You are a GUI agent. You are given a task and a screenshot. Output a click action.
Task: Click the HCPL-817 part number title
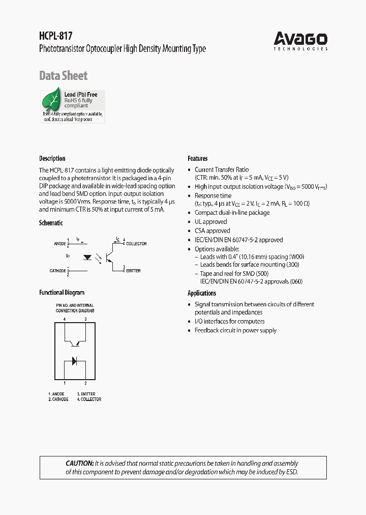[56, 36]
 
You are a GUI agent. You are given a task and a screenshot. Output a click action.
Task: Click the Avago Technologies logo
[300, 40]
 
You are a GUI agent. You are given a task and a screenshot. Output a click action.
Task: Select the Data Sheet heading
[64, 76]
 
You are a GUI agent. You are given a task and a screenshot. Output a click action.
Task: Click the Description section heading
[52, 158]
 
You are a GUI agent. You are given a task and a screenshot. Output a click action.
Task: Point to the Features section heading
[198, 158]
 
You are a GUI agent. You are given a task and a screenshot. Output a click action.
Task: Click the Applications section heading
[202, 293]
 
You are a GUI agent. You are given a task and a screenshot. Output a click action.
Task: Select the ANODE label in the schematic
[60, 244]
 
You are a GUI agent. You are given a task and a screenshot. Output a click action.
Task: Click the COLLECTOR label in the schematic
[136, 244]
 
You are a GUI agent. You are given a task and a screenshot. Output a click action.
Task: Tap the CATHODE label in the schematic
[58, 271]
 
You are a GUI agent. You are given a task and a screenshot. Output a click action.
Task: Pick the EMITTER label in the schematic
[133, 271]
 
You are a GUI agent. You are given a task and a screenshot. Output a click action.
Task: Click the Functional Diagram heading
[62, 293]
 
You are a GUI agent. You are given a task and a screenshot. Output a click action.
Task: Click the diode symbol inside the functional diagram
[74, 361]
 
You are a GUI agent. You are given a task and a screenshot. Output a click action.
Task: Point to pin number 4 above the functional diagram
[65, 319]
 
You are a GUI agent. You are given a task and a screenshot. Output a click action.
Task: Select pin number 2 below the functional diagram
[85, 383]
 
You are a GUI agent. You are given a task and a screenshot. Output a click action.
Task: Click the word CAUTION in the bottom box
[79, 464]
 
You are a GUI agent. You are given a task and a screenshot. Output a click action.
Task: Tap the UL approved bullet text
[211, 222]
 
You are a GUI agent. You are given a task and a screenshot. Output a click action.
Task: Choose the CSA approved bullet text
[212, 231]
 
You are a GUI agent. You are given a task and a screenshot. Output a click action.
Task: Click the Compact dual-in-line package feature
[232, 213]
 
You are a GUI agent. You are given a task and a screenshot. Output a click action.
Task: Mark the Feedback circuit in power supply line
[235, 330]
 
